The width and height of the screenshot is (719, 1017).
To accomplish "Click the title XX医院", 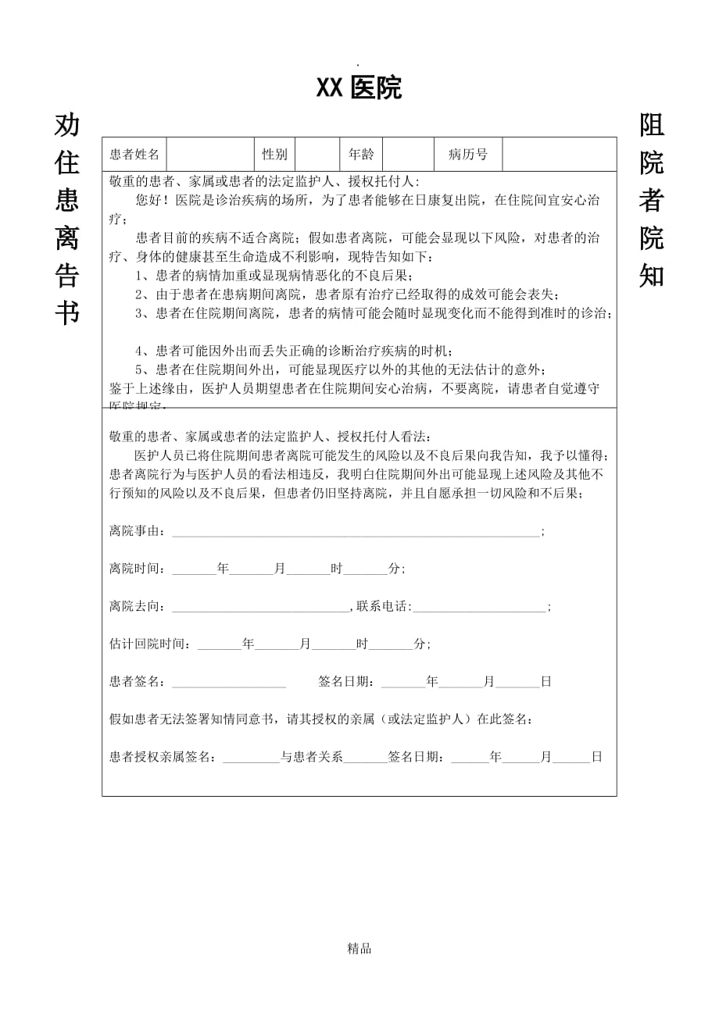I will click(359, 89).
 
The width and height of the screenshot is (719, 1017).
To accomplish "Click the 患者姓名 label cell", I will click(134, 155).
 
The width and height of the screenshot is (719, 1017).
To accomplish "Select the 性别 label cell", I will click(274, 155).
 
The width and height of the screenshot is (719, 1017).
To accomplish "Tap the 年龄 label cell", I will click(360, 155).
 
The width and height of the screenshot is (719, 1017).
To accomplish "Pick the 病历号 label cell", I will click(467, 155).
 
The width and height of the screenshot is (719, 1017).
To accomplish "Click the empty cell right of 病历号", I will click(559, 155).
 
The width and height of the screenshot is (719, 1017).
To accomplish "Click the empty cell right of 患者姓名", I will click(209, 155).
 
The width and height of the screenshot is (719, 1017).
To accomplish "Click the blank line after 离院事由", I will click(356, 533).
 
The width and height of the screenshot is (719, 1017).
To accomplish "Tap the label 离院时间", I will click(137, 569).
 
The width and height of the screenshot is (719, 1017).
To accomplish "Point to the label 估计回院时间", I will click(149, 644).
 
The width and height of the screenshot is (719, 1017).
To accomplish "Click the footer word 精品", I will click(359, 949).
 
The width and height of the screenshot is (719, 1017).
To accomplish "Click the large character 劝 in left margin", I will click(67, 126).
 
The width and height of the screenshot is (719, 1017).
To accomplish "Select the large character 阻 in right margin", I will click(652, 126).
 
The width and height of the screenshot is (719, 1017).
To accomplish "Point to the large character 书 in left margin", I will click(67, 313).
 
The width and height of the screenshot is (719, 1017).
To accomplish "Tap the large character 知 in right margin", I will click(652, 275).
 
